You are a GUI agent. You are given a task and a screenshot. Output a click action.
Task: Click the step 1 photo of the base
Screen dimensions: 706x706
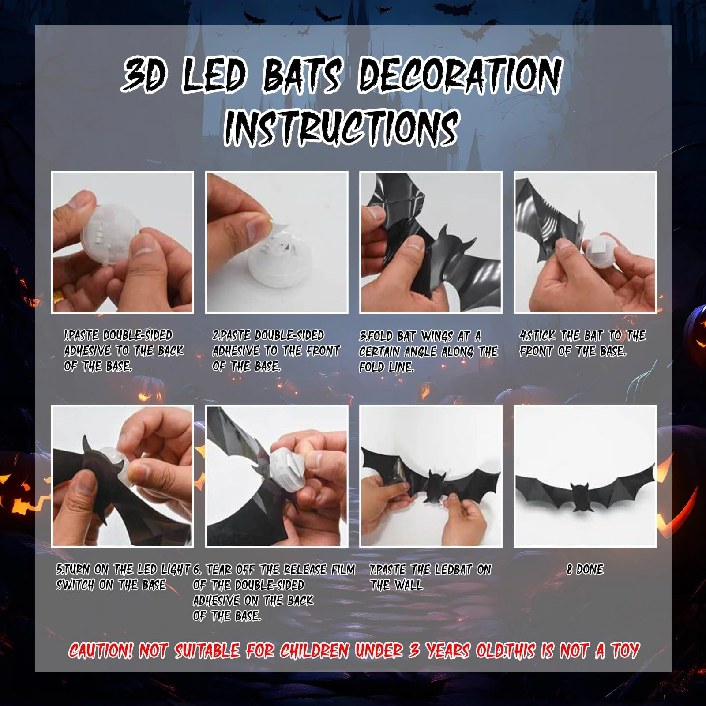[x=122, y=242]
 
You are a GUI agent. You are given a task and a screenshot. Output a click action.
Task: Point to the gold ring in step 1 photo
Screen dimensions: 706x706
[x=58, y=295]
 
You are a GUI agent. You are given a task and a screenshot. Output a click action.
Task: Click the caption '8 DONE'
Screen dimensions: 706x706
[x=585, y=570]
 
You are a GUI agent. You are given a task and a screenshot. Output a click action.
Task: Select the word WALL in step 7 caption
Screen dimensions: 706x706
[x=409, y=585]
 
